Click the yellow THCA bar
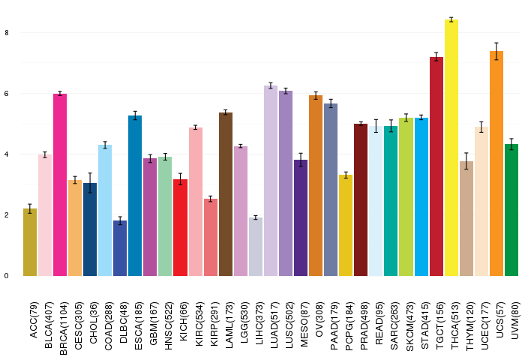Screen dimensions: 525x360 pos(451,148)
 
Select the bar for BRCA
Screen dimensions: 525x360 pos(60,184)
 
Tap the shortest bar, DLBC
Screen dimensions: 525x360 pos(120,248)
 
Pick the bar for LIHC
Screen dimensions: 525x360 pos(256,247)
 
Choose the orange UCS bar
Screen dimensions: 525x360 pos(496,163)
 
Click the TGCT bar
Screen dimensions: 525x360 pos(436,166)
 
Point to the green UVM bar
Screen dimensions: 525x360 pos(511,210)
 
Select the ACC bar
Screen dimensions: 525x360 pos(30,242)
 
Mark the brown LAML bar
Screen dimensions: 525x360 pos(226,194)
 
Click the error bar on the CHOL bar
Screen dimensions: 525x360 pos(90,183)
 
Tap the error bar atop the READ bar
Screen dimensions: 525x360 pos(376,126)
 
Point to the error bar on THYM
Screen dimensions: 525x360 pos(466,161)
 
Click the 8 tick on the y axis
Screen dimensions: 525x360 pos(7,33)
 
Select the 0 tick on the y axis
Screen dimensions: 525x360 pos(7,276)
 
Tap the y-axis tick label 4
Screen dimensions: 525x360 pos(7,154)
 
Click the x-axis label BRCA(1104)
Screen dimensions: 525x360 pos(63,328)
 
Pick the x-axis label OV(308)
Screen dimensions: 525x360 pos(319,319)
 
